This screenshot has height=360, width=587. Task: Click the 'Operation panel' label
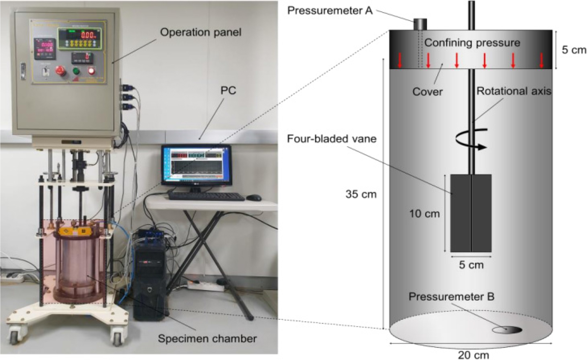[201, 33]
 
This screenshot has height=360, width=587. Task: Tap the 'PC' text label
[228, 91]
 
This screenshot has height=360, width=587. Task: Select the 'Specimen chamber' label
[207, 339]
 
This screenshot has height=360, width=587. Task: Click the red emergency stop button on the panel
[60, 70]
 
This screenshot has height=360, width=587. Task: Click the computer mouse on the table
[254, 197]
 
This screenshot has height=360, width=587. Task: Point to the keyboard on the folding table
[206, 197]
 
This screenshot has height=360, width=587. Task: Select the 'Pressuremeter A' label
[330, 11]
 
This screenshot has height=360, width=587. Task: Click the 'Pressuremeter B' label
[452, 297]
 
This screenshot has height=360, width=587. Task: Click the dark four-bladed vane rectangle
[471, 213]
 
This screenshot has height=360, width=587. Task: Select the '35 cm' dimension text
[361, 194]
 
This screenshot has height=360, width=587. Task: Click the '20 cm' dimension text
[473, 355]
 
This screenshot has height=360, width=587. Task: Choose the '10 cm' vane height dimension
[424, 214]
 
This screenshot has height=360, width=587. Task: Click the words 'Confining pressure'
[472, 43]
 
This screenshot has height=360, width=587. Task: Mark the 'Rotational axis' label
[514, 91]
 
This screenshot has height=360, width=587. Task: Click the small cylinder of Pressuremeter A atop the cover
[420, 24]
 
